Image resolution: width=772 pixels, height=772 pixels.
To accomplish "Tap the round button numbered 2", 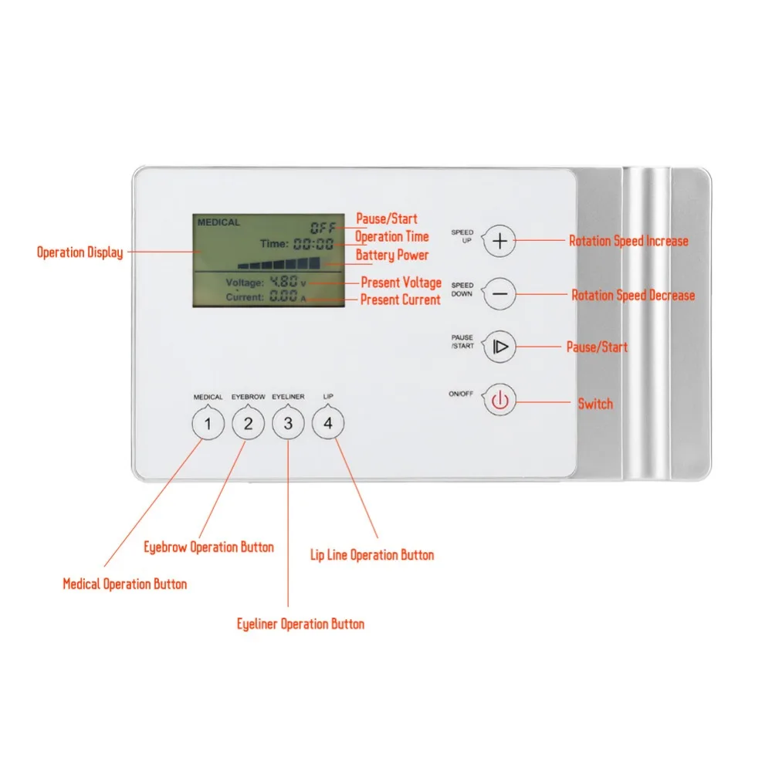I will (248, 424).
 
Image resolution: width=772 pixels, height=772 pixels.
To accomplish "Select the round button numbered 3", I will (288, 424).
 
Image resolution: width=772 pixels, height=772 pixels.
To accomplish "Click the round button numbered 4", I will (328, 424).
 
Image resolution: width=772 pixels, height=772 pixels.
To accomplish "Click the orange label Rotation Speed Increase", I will (628, 241).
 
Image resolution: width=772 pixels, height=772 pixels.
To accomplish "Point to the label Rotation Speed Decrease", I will (632, 295).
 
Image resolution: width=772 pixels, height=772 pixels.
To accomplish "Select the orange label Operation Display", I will (80, 252).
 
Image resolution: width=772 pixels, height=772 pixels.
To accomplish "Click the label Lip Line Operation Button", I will (372, 555).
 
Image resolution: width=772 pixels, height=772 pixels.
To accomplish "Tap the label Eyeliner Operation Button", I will (300, 624).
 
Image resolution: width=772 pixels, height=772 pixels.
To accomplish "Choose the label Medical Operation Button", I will (124, 584).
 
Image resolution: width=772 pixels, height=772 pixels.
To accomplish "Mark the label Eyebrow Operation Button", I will (208, 547).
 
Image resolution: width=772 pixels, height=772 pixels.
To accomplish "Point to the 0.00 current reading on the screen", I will (283, 296).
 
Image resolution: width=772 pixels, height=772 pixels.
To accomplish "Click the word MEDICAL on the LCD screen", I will (218, 223).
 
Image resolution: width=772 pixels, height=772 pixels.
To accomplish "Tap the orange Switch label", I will (595, 403).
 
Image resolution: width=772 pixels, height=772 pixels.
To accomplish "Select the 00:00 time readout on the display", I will (313, 244).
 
